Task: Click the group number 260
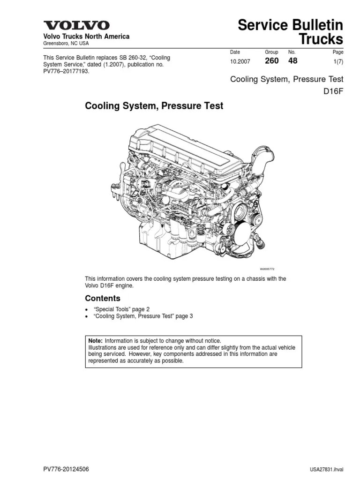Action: coord(272,61)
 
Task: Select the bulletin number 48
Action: coord(292,61)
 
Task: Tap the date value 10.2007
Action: coord(240,61)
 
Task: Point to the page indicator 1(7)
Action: coord(337,61)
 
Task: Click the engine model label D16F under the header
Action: coord(333,91)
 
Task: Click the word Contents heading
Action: coord(102,298)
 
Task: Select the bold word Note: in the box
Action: coord(96,340)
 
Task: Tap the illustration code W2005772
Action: coord(267,269)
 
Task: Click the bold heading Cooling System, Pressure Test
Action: coord(154,106)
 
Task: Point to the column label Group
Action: coord(271,52)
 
